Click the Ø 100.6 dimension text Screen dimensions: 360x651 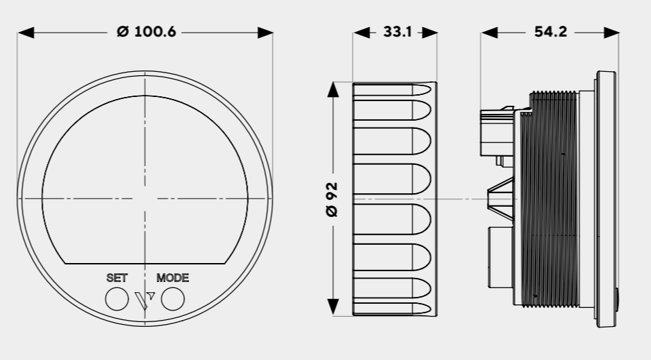pos(146,32)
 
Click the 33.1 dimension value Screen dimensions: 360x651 pos(397,32)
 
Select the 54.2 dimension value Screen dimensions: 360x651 pos(550,32)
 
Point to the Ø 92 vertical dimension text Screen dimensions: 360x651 pos(332,199)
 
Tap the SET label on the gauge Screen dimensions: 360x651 pos(117,278)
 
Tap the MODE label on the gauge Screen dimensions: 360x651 pos(172,278)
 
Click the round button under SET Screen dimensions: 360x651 pos(117,299)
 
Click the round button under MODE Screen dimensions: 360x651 pos(173,299)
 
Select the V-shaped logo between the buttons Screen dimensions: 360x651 pos(145,300)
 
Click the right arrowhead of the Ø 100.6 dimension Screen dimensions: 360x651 pos(265,32)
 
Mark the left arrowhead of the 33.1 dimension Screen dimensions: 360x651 pos(361,32)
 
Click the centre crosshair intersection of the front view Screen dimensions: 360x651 pos(145,199)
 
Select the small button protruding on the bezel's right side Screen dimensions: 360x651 pos(616,299)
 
